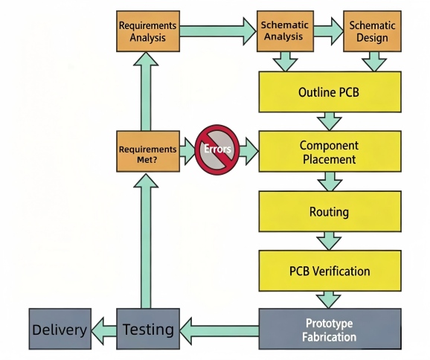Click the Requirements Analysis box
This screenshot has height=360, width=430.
148,31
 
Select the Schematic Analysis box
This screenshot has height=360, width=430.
285,31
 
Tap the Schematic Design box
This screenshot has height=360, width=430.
372,31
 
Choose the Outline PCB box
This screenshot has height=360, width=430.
330,92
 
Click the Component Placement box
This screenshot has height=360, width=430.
330,152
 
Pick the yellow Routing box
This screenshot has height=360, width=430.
330,211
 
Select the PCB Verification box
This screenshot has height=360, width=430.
330,271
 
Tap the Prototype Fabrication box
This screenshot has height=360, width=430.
330,329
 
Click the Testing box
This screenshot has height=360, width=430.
148,329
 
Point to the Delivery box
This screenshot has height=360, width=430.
60,329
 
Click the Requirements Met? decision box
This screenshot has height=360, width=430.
148,152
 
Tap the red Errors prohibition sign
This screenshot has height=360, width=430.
217,150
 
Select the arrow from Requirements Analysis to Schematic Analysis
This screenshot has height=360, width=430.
218,31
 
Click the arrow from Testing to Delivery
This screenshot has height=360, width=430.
104,331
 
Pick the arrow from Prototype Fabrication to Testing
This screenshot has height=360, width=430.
219,331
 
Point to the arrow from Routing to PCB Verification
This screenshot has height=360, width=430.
329,241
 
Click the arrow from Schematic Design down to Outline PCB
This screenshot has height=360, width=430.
374,62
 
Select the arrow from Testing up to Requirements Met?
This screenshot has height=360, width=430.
146,241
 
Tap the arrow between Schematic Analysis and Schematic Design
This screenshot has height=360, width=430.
329,31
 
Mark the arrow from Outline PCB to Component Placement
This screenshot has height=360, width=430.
329,121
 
